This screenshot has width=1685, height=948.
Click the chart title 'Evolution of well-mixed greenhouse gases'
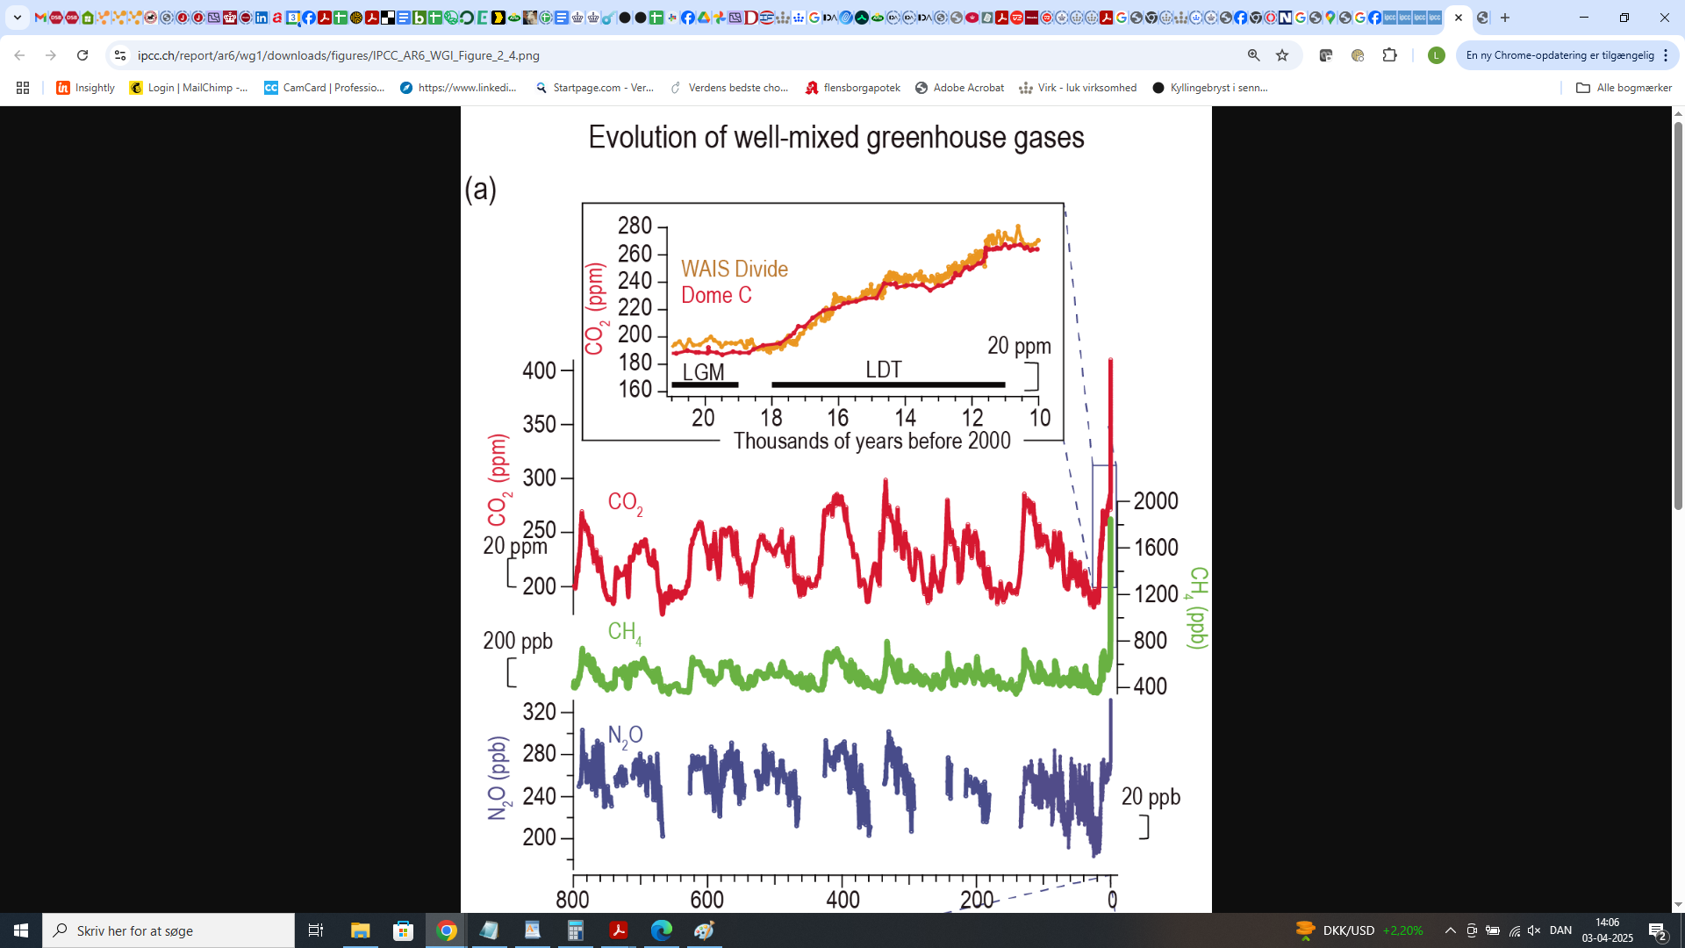(835, 138)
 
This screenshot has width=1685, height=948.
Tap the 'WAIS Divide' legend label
(734, 269)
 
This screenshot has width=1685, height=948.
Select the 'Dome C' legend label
(716, 295)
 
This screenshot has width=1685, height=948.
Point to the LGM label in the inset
(703, 372)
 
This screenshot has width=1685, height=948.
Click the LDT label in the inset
(883, 370)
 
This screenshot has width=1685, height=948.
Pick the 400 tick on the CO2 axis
(539, 370)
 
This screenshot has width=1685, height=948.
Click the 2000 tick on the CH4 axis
(1156, 501)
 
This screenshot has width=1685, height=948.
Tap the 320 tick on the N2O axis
(539, 711)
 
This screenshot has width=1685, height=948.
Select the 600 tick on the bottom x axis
(706, 900)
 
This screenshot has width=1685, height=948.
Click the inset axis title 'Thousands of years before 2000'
(871, 441)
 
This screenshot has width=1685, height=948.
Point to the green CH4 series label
(624, 632)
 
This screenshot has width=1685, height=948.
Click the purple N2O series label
(625, 736)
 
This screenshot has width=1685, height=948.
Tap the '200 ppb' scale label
(518, 641)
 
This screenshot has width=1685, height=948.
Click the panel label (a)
(480, 188)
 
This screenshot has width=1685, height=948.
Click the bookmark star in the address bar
(1282, 55)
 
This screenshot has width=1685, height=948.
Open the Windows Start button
(21, 930)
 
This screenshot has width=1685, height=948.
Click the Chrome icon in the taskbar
(447, 930)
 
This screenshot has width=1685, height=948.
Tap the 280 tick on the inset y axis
(635, 226)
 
